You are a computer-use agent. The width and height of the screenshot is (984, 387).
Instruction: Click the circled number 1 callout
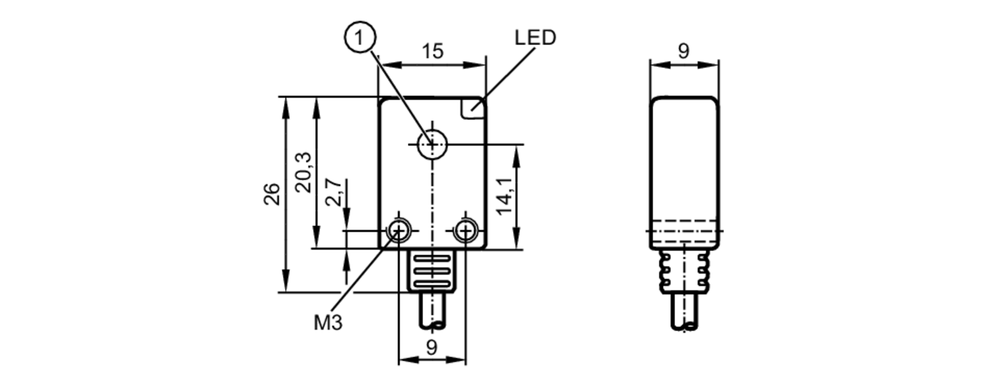pyautogui.click(x=360, y=37)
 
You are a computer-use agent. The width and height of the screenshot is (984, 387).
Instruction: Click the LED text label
pyautogui.click(x=535, y=38)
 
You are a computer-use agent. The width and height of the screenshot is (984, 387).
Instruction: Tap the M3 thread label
pyautogui.click(x=328, y=323)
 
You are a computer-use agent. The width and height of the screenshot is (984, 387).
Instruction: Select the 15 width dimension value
pyautogui.click(x=432, y=51)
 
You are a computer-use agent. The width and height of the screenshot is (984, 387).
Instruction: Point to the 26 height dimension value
pyautogui.click(x=272, y=194)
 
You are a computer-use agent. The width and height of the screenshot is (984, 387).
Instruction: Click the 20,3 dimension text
pyautogui.click(x=304, y=172)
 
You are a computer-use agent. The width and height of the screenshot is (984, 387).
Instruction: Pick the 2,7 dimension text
pyautogui.click(x=334, y=192)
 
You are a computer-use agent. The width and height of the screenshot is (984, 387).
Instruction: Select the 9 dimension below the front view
pyautogui.click(x=431, y=348)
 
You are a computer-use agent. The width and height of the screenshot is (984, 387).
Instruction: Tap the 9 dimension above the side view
pyautogui.click(x=683, y=51)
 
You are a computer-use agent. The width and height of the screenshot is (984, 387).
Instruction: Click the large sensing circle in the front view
pyautogui.click(x=432, y=144)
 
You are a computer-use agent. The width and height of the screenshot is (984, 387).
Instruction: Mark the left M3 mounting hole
pyautogui.click(x=399, y=230)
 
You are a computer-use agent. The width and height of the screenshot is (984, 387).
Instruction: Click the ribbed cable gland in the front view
pyautogui.click(x=431, y=270)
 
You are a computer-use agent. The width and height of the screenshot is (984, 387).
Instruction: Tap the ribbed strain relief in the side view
pyautogui.click(x=684, y=271)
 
